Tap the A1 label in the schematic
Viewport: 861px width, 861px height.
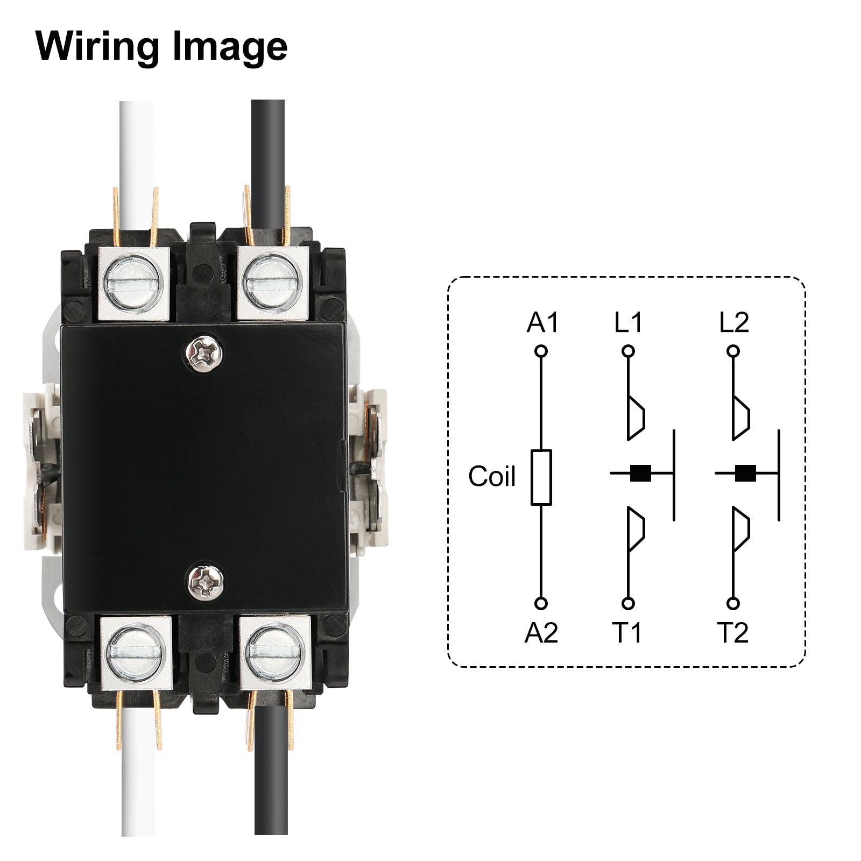542,323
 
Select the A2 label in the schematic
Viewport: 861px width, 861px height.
541,632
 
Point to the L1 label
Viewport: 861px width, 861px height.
628,323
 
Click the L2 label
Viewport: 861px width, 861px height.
733,323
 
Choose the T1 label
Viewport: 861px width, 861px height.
627,632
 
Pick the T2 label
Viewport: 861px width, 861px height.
732,632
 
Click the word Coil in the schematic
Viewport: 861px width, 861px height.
491,476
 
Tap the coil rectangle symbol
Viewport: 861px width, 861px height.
541,477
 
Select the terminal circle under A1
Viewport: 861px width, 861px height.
541,351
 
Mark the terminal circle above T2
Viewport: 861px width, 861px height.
733,603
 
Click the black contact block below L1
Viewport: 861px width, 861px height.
640,473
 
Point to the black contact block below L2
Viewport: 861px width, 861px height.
745,473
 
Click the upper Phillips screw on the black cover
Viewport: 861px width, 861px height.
204,352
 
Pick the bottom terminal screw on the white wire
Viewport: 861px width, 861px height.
135,653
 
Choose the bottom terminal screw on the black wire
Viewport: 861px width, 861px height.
274,653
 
